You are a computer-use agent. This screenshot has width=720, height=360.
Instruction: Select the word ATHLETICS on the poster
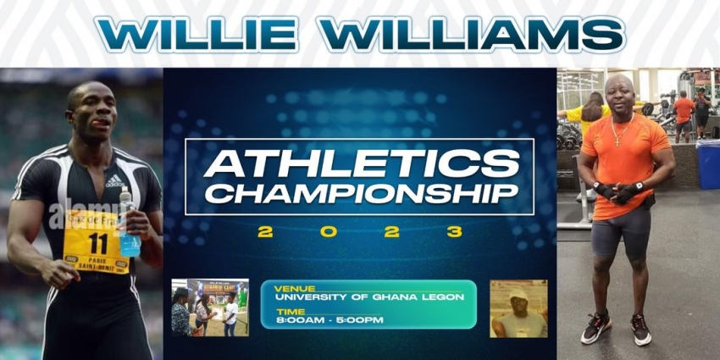pyautogui.click(x=361, y=163)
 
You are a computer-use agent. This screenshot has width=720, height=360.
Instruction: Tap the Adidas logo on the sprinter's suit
pyautogui.click(x=114, y=180)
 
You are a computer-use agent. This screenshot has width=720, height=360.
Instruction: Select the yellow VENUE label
pyautogui.click(x=291, y=288)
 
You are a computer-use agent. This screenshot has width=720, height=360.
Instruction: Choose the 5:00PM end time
pyautogui.click(x=359, y=319)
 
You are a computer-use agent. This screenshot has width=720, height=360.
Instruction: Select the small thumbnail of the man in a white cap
pyautogui.click(x=518, y=308)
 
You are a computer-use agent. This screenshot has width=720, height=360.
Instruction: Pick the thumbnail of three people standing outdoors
pyautogui.click(x=210, y=307)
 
